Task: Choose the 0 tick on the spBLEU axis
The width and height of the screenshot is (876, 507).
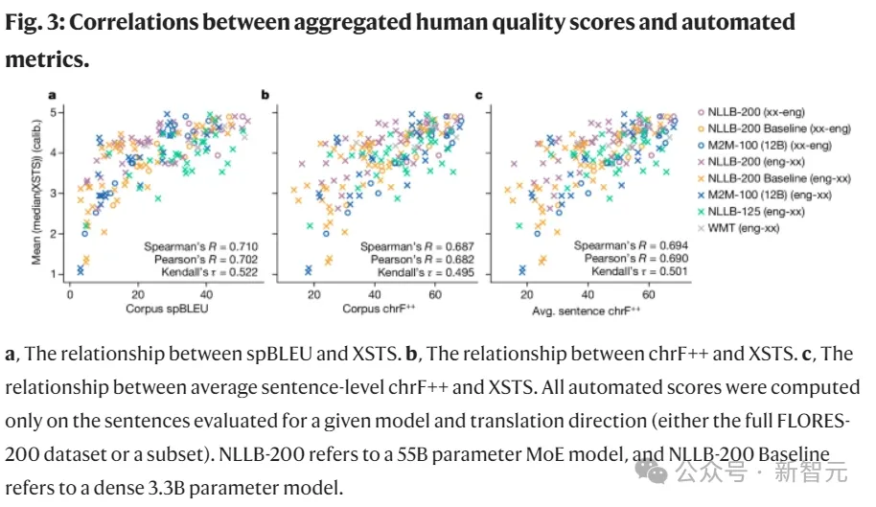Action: click(70, 293)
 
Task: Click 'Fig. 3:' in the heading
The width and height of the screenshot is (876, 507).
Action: click(34, 21)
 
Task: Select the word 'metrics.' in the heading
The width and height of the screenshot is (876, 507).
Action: click(47, 59)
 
